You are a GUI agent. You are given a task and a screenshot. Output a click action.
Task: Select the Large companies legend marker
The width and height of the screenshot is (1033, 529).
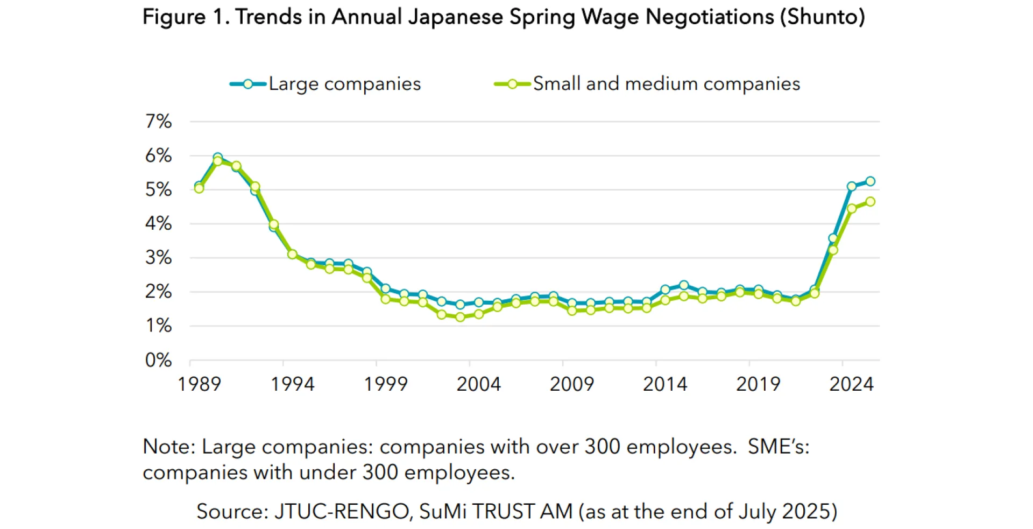[247, 84]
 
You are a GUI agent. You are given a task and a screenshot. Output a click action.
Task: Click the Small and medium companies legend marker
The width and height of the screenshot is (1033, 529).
[512, 84]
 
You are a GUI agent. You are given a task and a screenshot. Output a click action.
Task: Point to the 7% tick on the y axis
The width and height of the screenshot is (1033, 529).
[158, 122]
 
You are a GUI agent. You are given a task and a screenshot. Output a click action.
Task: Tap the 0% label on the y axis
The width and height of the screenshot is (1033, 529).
[158, 360]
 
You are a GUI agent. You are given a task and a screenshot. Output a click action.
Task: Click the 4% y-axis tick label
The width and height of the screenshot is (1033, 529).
[158, 223]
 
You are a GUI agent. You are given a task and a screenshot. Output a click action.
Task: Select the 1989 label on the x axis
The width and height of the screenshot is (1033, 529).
[199, 384]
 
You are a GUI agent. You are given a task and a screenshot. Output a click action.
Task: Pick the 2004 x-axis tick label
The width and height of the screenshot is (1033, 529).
[478, 384]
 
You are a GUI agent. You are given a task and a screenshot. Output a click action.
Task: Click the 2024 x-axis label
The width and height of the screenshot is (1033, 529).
[851, 384]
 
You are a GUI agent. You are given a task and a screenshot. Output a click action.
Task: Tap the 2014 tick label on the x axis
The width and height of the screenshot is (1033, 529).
[665, 384]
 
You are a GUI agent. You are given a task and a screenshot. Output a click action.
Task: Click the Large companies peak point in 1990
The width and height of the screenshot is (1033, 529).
[217, 157]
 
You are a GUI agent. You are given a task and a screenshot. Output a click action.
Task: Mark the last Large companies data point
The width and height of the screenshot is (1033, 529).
[870, 181]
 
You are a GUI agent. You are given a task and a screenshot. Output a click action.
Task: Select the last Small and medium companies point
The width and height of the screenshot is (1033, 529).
[870, 202]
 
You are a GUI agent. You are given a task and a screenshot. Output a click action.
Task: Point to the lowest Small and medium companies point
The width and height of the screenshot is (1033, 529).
[460, 317]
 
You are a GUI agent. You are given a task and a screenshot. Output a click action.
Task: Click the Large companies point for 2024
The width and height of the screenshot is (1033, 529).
[851, 186]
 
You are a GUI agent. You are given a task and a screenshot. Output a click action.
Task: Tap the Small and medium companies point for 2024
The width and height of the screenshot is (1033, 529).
[851, 209]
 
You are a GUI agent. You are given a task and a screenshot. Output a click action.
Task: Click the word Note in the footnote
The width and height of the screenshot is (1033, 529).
[167, 447]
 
